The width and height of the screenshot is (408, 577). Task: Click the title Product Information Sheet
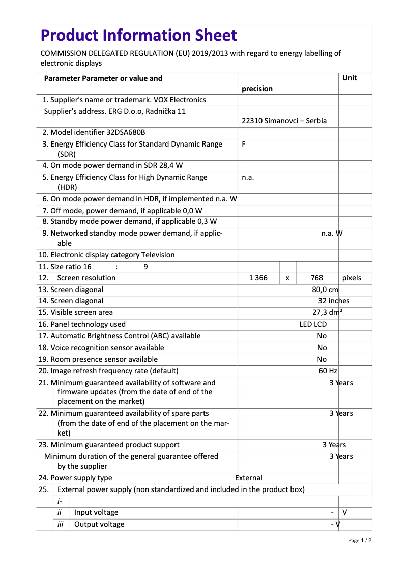tap(138, 35)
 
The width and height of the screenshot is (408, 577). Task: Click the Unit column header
tap(349, 78)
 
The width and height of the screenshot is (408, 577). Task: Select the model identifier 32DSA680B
tap(126, 132)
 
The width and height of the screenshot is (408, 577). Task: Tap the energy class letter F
tap(244, 144)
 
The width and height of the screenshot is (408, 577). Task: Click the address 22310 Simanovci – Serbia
tap(284, 121)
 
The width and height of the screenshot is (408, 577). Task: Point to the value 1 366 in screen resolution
tap(258, 278)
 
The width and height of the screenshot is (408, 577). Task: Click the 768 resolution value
tap(316, 278)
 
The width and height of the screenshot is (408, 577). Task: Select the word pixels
tap(352, 278)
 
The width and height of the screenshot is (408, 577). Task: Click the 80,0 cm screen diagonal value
tap(325, 290)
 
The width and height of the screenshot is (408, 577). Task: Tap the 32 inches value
tap(334, 301)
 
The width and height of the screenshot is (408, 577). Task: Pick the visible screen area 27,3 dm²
tap(327, 312)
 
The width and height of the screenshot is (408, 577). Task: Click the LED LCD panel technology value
tap(313, 324)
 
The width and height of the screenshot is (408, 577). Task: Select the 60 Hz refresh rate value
tap(328, 371)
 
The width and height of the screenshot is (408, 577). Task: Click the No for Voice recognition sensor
tap(322, 348)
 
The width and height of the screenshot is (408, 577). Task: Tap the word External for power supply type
tap(249, 478)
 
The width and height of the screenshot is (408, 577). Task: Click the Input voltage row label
tap(96, 512)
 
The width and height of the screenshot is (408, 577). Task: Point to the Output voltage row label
tap(99, 524)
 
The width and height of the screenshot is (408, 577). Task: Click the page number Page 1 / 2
tap(360, 541)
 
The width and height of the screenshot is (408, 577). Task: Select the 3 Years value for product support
tap(334, 445)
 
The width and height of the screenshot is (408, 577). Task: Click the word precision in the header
tap(257, 89)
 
